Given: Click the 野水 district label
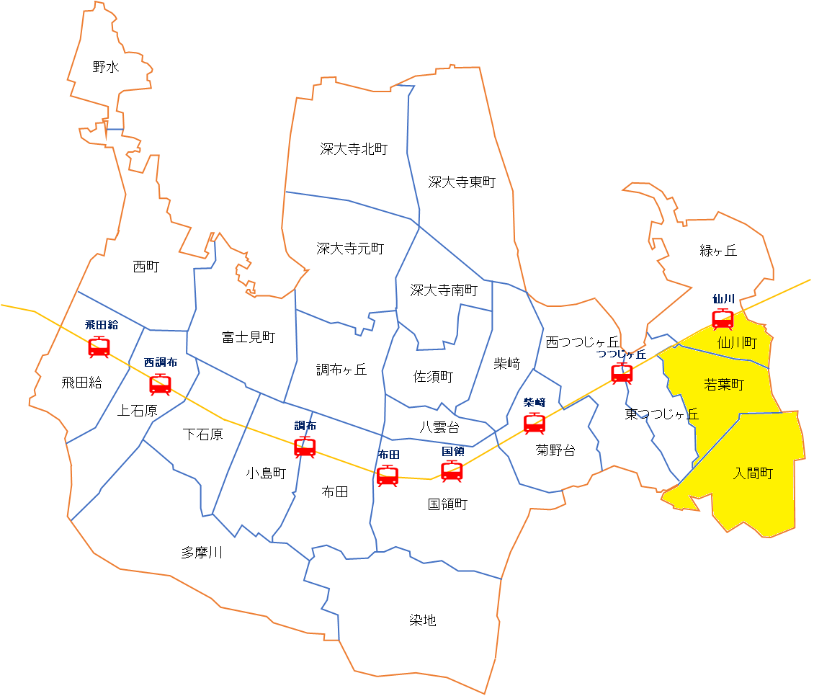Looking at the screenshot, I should click(x=106, y=67).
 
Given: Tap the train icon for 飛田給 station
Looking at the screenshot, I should click(x=99, y=347).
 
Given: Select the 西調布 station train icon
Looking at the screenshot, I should click(x=160, y=384).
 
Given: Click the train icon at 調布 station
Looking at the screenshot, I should click(x=305, y=447).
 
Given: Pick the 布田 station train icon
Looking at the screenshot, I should click(x=388, y=476).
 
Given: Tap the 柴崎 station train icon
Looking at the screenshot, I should click(x=534, y=423).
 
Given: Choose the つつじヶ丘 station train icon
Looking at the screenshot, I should click(x=622, y=373).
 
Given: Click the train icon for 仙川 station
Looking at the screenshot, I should click(x=723, y=318).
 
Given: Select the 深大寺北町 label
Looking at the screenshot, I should click(x=354, y=149).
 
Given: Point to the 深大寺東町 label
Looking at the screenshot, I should click(x=461, y=182).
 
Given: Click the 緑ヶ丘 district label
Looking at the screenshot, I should click(x=718, y=251).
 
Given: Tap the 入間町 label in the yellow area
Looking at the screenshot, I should click(x=753, y=473).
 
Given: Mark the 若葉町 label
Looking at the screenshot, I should click(x=723, y=385).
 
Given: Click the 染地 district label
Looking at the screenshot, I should click(x=422, y=620).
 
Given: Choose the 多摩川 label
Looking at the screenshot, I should click(x=202, y=553).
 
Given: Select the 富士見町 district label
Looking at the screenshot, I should click(x=249, y=336).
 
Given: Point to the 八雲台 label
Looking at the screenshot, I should click(x=439, y=427).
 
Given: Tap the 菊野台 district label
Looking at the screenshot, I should click(x=555, y=451).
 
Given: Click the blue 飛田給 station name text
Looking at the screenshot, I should click(x=101, y=325).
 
